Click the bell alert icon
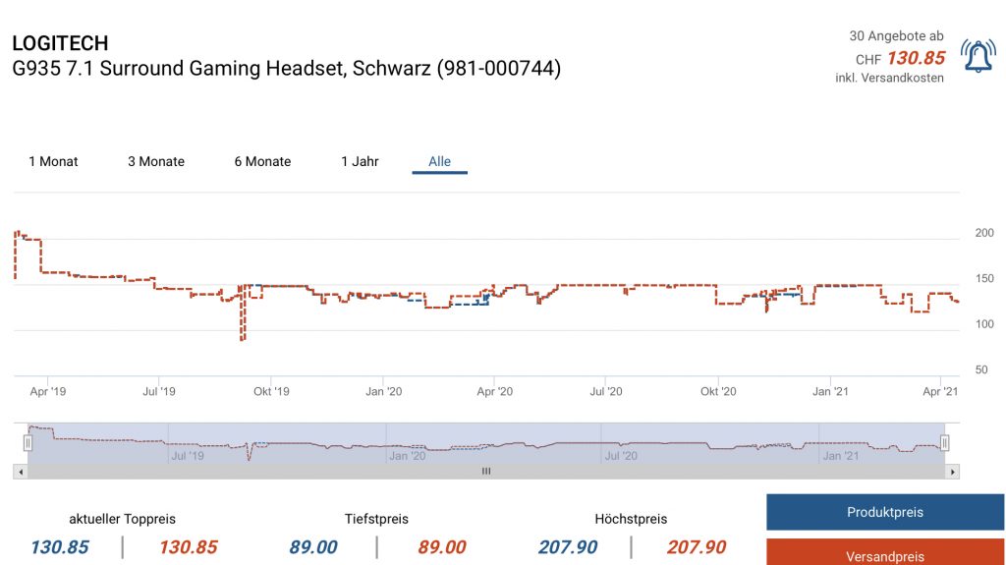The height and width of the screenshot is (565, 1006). (x=978, y=58)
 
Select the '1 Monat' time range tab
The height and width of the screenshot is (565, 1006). (x=53, y=161)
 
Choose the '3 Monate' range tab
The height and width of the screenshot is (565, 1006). (x=156, y=161)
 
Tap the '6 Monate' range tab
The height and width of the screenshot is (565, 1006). (x=262, y=161)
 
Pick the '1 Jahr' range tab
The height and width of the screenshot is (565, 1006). (x=360, y=161)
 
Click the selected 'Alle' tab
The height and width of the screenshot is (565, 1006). (x=439, y=161)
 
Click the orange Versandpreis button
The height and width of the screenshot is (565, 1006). (x=884, y=555)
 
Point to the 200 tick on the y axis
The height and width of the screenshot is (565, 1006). (x=983, y=233)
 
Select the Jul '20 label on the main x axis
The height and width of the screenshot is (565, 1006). (x=605, y=391)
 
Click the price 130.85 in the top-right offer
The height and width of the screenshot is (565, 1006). (x=916, y=58)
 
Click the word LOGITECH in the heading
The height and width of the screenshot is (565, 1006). (x=60, y=43)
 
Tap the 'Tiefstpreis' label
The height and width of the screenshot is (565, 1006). (x=376, y=519)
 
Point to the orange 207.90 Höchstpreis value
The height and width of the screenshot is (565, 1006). (x=697, y=547)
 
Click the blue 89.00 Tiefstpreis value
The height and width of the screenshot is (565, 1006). (x=313, y=547)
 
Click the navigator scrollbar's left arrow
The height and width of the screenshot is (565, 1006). (x=20, y=472)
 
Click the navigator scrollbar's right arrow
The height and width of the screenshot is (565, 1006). (x=952, y=472)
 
